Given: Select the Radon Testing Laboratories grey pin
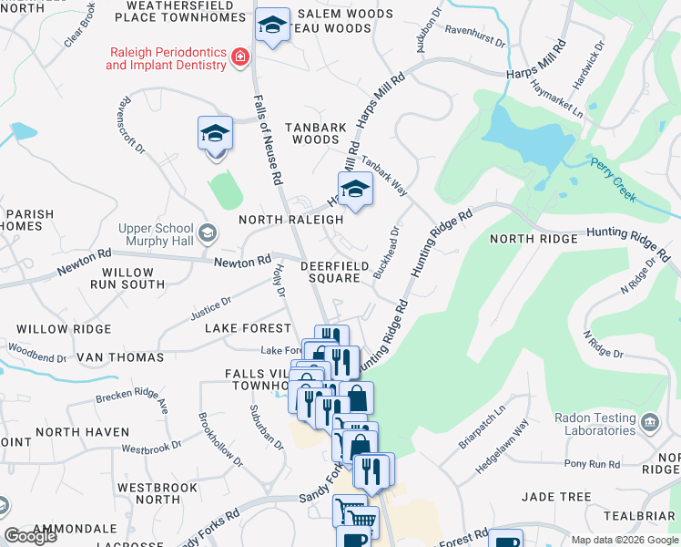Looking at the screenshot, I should tap(650, 421).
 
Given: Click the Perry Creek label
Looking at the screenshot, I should tap(612, 169).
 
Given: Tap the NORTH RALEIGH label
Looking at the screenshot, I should tap(290, 220).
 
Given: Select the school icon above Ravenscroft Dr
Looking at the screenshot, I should tap(215, 134).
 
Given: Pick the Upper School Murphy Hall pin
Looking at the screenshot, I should tap(208, 233).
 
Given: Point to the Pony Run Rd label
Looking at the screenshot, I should tap(592, 464).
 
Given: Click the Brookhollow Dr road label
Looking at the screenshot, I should tap(220, 440).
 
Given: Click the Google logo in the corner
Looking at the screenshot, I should tap(31, 537).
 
